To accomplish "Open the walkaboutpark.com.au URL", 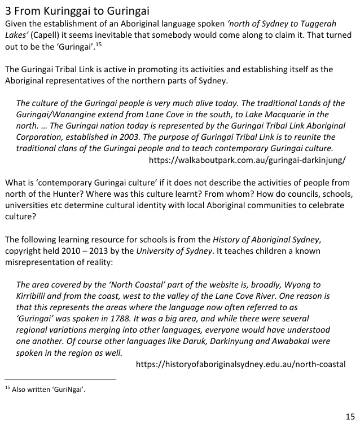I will click(247, 160).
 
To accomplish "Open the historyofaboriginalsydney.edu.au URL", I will click(241, 364).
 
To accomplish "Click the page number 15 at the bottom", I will click(350, 416).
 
